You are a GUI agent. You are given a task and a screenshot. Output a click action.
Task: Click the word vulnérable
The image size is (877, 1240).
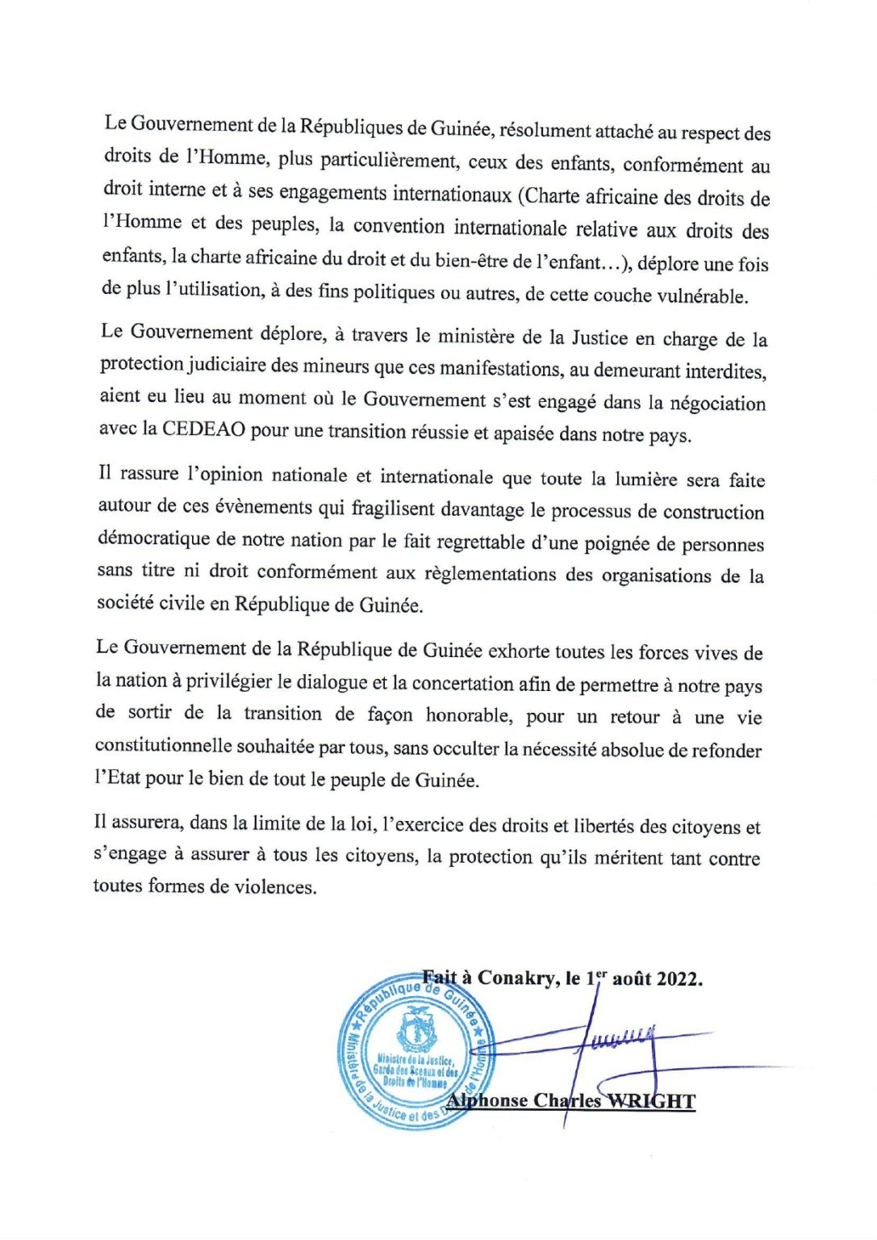coord(703,296)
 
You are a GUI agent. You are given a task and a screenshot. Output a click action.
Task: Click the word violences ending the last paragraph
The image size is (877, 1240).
coord(274,886)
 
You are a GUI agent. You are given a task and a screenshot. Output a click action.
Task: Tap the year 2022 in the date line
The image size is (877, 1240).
coord(679,978)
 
